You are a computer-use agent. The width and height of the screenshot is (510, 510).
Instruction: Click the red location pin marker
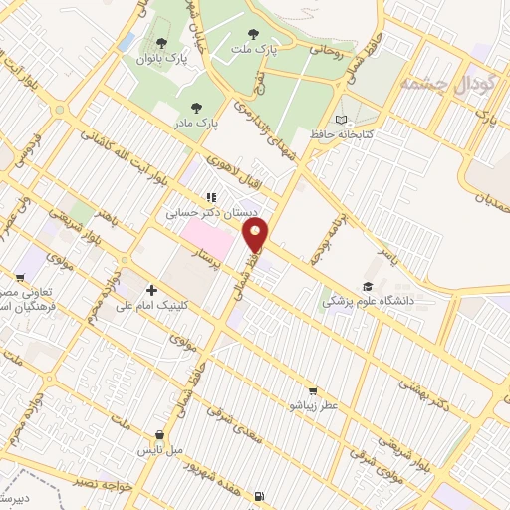coord(256,236)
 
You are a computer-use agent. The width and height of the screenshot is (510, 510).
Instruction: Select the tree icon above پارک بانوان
coord(161,42)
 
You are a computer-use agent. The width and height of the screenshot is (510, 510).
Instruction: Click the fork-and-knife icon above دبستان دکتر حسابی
coord(211,197)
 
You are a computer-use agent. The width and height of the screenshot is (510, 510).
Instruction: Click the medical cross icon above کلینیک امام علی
coord(150,288)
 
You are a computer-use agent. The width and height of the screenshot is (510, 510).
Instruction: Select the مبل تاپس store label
coord(161,449)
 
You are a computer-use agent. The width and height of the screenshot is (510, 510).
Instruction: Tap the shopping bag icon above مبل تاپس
coord(159,434)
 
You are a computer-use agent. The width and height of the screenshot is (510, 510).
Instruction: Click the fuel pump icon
coord(260,495)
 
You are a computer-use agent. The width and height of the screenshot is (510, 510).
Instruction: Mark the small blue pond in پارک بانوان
coord(127,42)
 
